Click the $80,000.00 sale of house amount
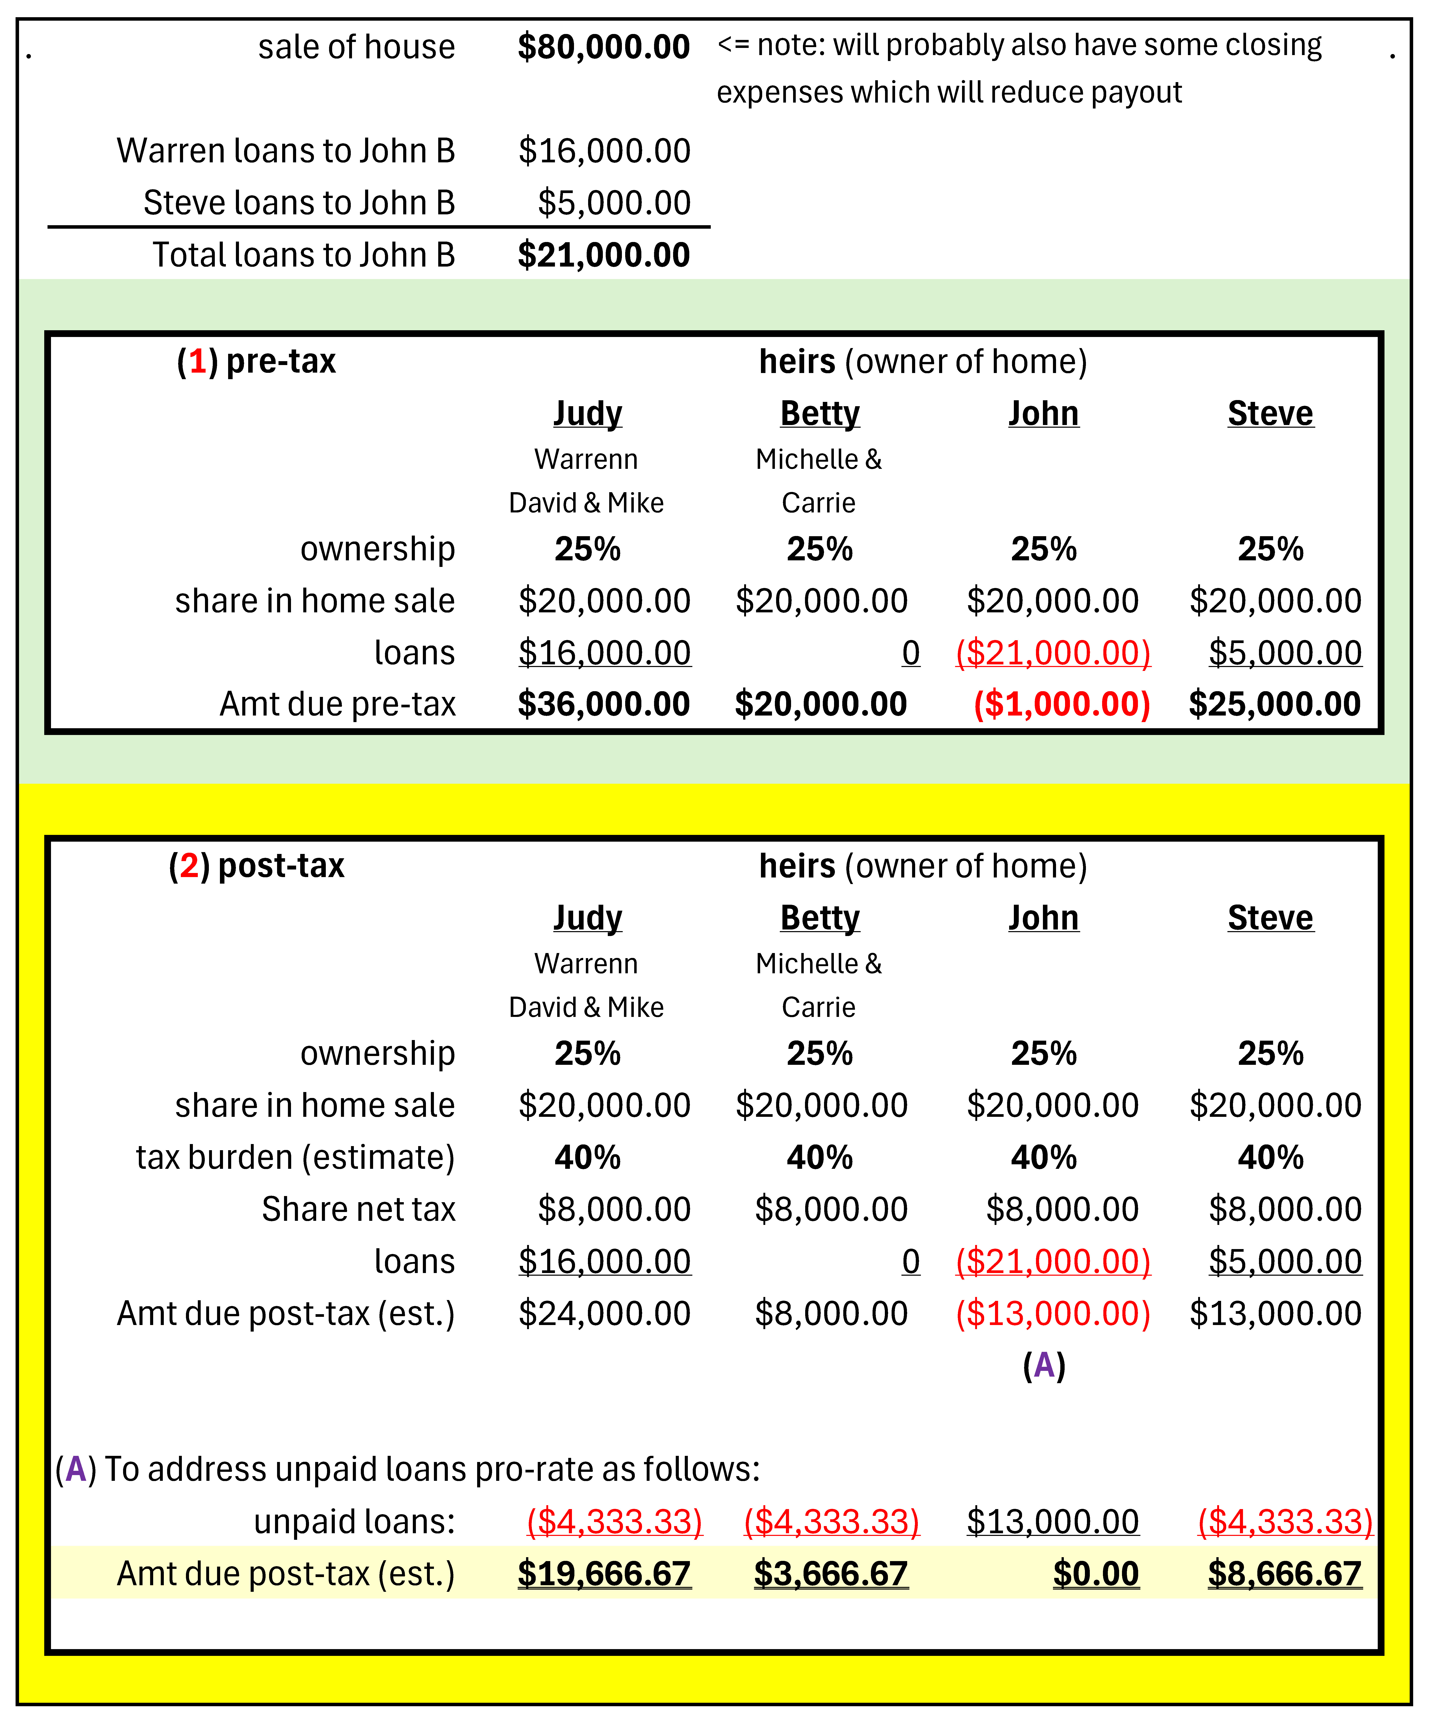pyautogui.click(x=603, y=47)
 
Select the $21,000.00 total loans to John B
pyautogui.click(x=603, y=255)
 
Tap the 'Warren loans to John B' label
pyautogui.click(x=286, y=151)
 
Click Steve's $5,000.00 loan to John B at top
pyautogui.click(x=614, y=203)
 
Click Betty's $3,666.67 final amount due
pyautogui.click(x=831, y=1574)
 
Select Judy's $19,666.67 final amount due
pyautogui.click(x=603, y=1574)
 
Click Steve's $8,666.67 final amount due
pyautogui.click(x=1284, y=1574)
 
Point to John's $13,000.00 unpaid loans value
pyautogui.click(x=1053, y=1522)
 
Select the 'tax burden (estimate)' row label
pyautogui.click(x=295, y=1157)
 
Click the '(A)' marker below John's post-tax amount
pyautogui.click(x=1044, y=1366)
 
